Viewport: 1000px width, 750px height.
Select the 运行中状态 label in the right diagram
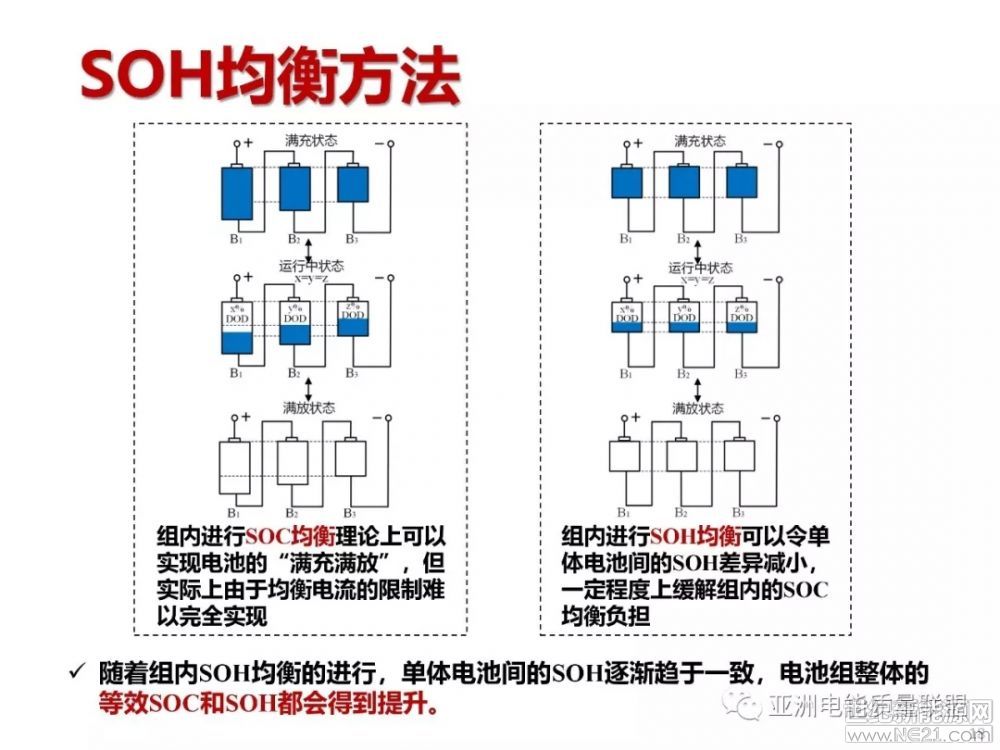(700, 268)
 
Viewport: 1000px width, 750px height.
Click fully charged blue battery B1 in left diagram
(237, 192)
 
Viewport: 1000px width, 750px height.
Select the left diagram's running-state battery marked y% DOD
(295, 322)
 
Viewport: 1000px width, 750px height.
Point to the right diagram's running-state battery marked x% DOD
(626, 316)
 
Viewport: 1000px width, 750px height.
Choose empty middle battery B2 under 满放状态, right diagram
(683, 456)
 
